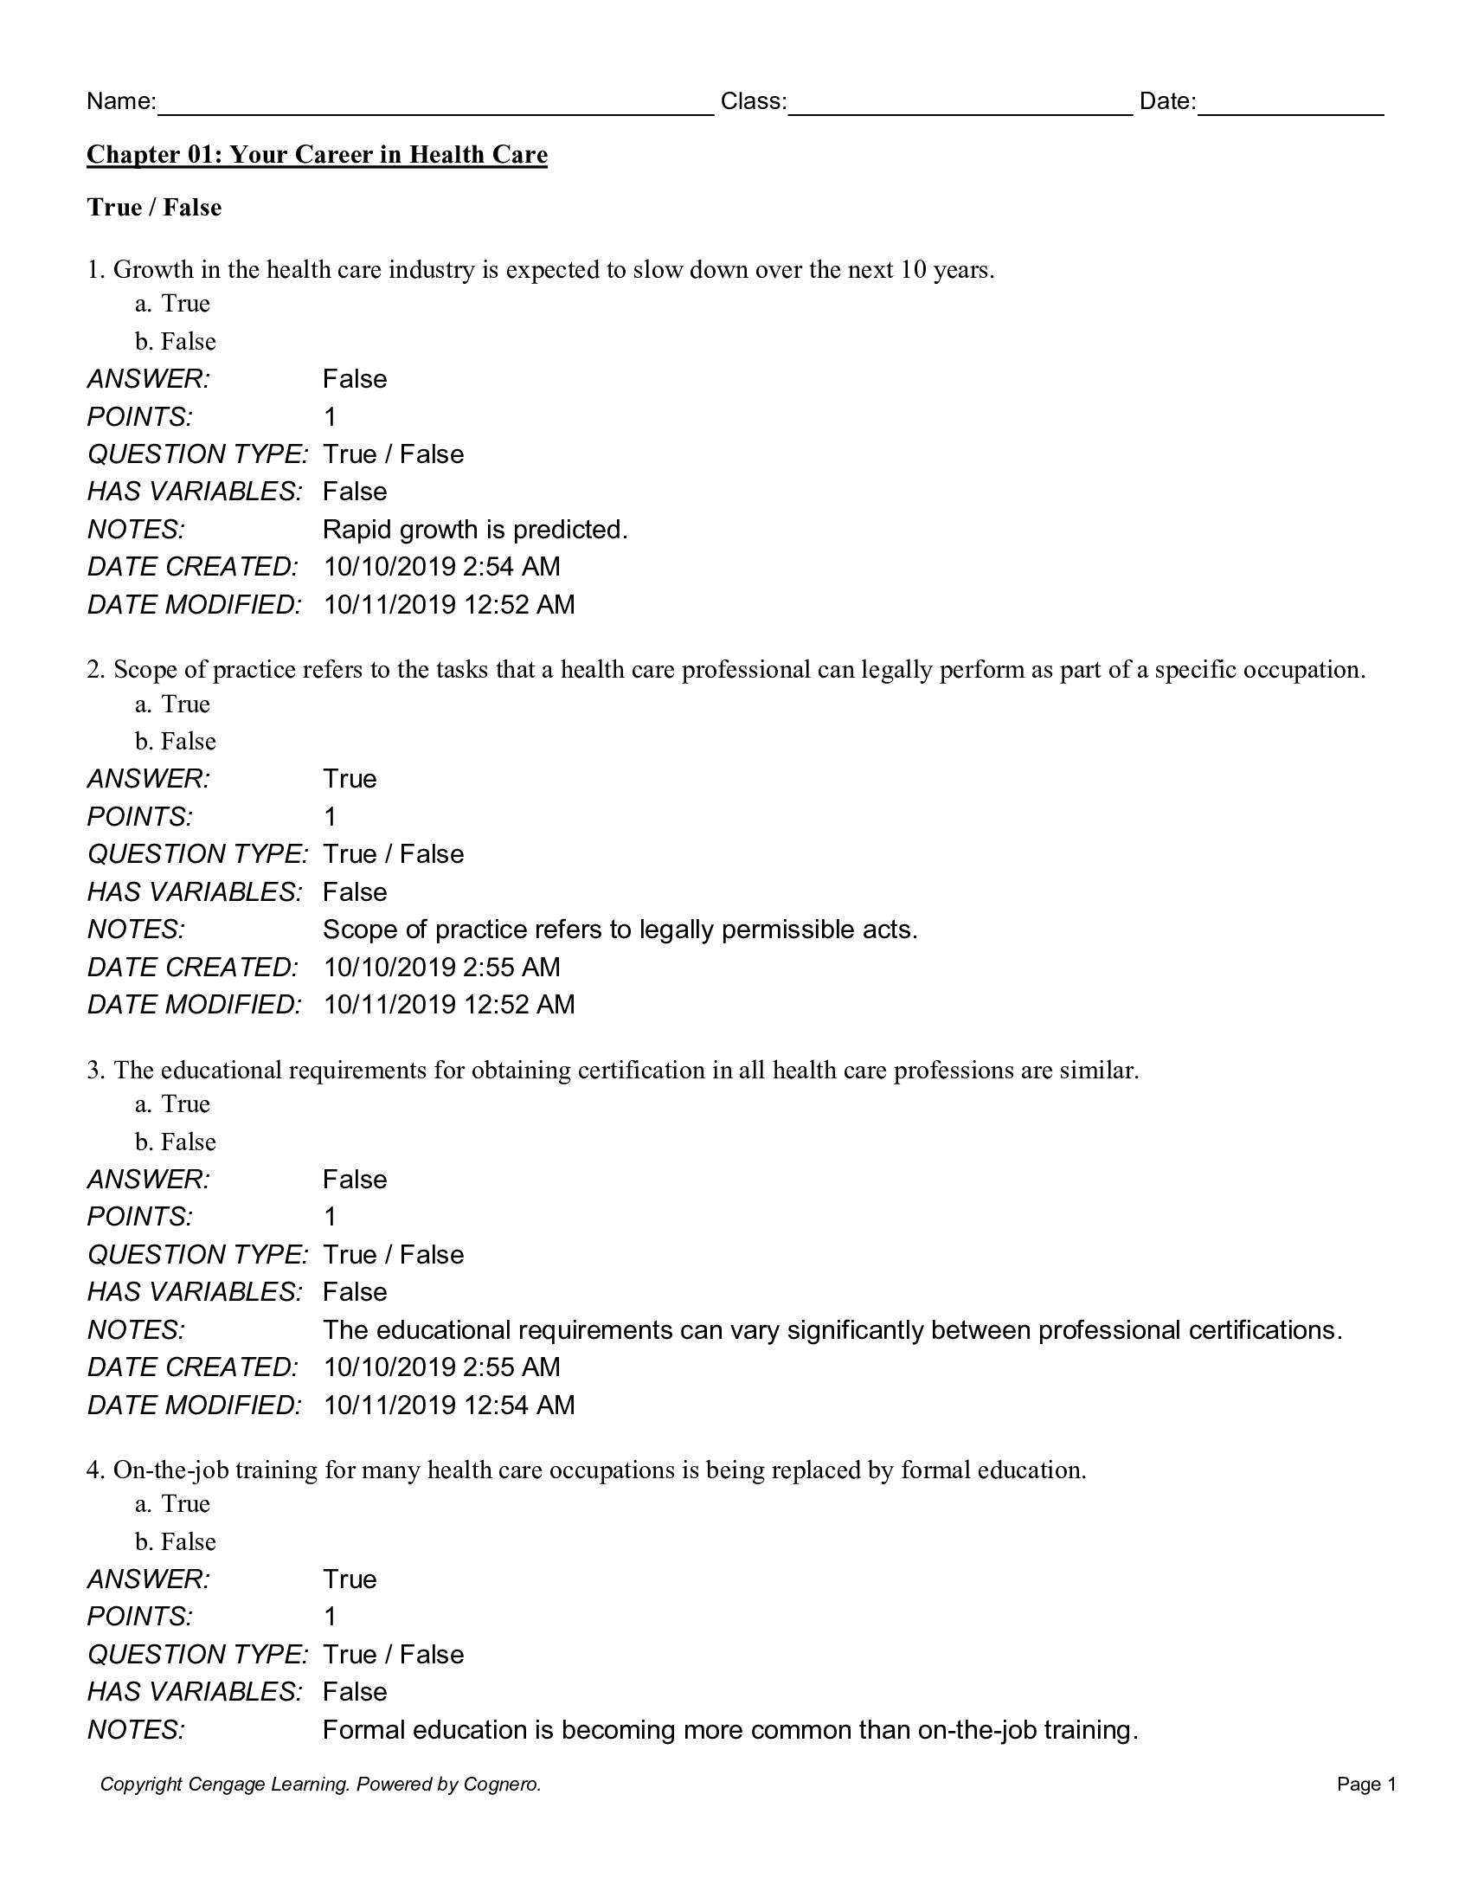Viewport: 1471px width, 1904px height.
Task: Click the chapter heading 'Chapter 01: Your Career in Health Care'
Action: [317, 155]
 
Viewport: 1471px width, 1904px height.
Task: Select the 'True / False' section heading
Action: [154, 208]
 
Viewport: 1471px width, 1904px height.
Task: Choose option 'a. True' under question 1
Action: [172, 304]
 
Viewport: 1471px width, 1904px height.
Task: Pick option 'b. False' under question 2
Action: [175, 741]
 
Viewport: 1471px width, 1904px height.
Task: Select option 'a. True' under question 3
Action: [172, 1103]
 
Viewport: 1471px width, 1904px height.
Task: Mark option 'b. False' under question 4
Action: [175, 1541]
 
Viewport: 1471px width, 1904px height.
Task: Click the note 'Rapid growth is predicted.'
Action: [475, 530]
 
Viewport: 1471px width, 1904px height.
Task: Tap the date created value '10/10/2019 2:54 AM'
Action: [442, 567]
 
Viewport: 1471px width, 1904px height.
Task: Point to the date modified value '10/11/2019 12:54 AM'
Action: [449, 1405]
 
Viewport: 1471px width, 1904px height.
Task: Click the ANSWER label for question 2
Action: [148, 779]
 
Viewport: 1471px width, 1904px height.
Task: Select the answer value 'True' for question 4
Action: [350, 1579]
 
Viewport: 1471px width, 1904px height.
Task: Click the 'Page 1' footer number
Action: [1366, 1785]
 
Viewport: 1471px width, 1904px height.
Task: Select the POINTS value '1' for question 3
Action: [330, 1216]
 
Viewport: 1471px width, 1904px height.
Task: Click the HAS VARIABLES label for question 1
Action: [194, 492]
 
